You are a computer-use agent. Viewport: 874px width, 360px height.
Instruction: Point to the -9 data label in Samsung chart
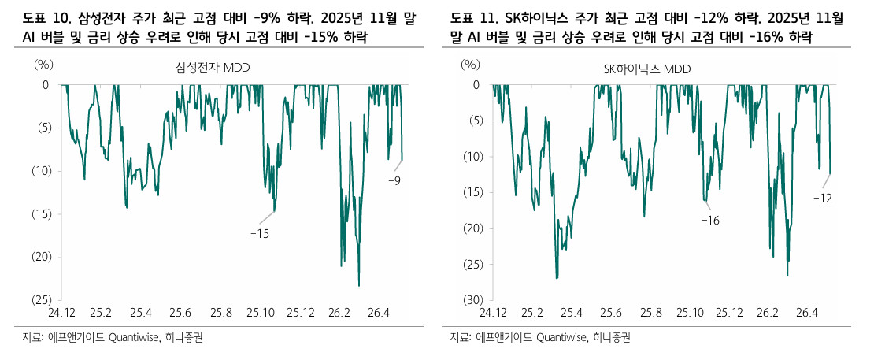coord(394,180)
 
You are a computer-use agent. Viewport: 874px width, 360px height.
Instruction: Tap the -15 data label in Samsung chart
coord(260,234)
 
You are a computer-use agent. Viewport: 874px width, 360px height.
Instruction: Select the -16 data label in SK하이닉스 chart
coord(711,221)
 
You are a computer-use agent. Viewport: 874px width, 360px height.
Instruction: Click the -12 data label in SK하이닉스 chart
coord(822,198)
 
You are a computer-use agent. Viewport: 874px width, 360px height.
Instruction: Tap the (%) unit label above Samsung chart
coord(43,65)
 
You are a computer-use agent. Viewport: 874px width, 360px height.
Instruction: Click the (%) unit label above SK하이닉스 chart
coord(470,65)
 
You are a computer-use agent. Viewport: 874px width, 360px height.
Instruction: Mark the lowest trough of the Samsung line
coord(359,286)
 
